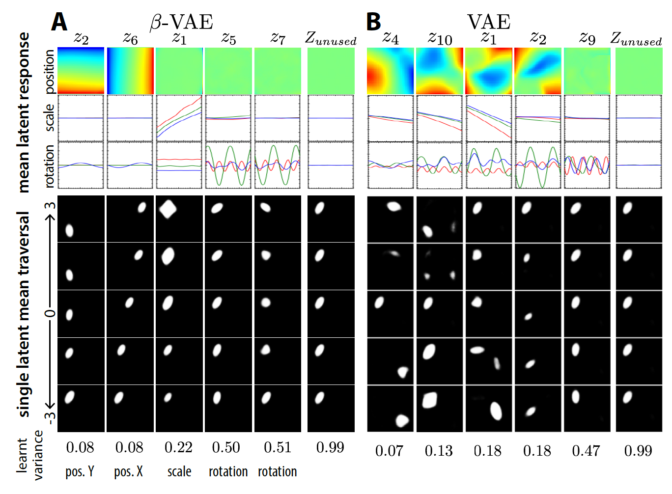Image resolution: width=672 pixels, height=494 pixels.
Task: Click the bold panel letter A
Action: click(x=59, y=22)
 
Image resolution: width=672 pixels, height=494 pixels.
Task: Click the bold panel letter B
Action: click(x=374, y=22)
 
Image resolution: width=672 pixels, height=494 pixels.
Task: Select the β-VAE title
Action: click(x=181, y=22)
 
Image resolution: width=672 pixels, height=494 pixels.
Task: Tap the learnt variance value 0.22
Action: click(x=178, y=447)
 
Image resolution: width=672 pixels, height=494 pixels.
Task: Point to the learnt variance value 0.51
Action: click(x=277, y=447)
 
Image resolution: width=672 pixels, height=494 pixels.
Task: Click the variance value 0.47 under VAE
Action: click(x=586, y=451)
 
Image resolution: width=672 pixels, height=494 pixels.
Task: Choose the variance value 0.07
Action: click(x=389, y=451)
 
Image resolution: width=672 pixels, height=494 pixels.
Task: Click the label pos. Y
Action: click(x=80, y=472)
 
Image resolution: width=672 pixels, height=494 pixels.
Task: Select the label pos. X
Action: click(x=129, y=472)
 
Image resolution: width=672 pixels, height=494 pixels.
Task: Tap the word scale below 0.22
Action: click(x=179, y=472)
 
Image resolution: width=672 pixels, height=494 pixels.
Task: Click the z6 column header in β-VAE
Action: click(x=130, y=38)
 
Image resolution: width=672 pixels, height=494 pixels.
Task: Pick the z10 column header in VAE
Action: click(x=440, y=38)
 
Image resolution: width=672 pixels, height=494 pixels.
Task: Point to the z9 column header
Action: click(x=588, y=38)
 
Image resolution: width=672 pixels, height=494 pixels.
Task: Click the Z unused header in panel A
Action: click(x=331, y=38)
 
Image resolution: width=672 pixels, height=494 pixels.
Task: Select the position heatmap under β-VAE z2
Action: click(x=81, y=71)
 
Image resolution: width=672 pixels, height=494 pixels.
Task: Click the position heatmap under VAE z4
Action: click(x=391, y=71)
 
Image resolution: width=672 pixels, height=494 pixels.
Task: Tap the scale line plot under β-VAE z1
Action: click(x=179, y=118)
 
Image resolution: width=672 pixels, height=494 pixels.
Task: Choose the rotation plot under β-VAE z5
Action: click(x=228, y=165)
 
